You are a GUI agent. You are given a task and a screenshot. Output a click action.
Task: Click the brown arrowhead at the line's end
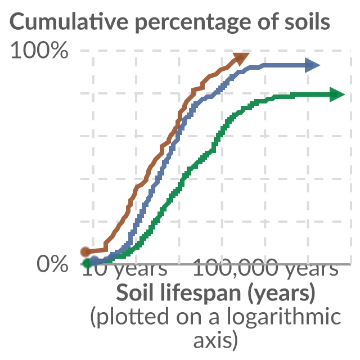[240, 58]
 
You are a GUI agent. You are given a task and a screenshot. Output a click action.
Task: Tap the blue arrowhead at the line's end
[312, 65]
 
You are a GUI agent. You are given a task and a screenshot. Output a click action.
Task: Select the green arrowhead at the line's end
[337, 94]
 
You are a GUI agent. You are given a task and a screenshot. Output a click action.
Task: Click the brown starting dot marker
[85, 251]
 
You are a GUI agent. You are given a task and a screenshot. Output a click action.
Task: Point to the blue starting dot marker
[94, 261]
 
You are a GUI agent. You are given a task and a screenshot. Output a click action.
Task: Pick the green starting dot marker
[88, 263]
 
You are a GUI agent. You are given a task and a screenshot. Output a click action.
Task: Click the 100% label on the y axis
[39, 50]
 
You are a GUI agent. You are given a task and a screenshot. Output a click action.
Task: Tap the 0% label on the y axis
[52, 264]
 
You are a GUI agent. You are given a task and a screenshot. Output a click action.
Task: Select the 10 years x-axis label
[125, 269]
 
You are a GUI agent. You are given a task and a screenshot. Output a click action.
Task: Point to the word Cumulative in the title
[69, 21]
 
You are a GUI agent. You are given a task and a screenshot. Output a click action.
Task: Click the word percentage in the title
[193, 23]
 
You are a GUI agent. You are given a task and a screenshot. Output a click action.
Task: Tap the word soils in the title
[308, 21]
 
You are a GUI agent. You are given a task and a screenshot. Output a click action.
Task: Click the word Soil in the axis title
[135, 291]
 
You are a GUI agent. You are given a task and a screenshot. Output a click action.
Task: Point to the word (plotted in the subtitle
[130, 317]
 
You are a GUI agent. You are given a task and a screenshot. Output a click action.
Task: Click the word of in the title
[268, 21]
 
